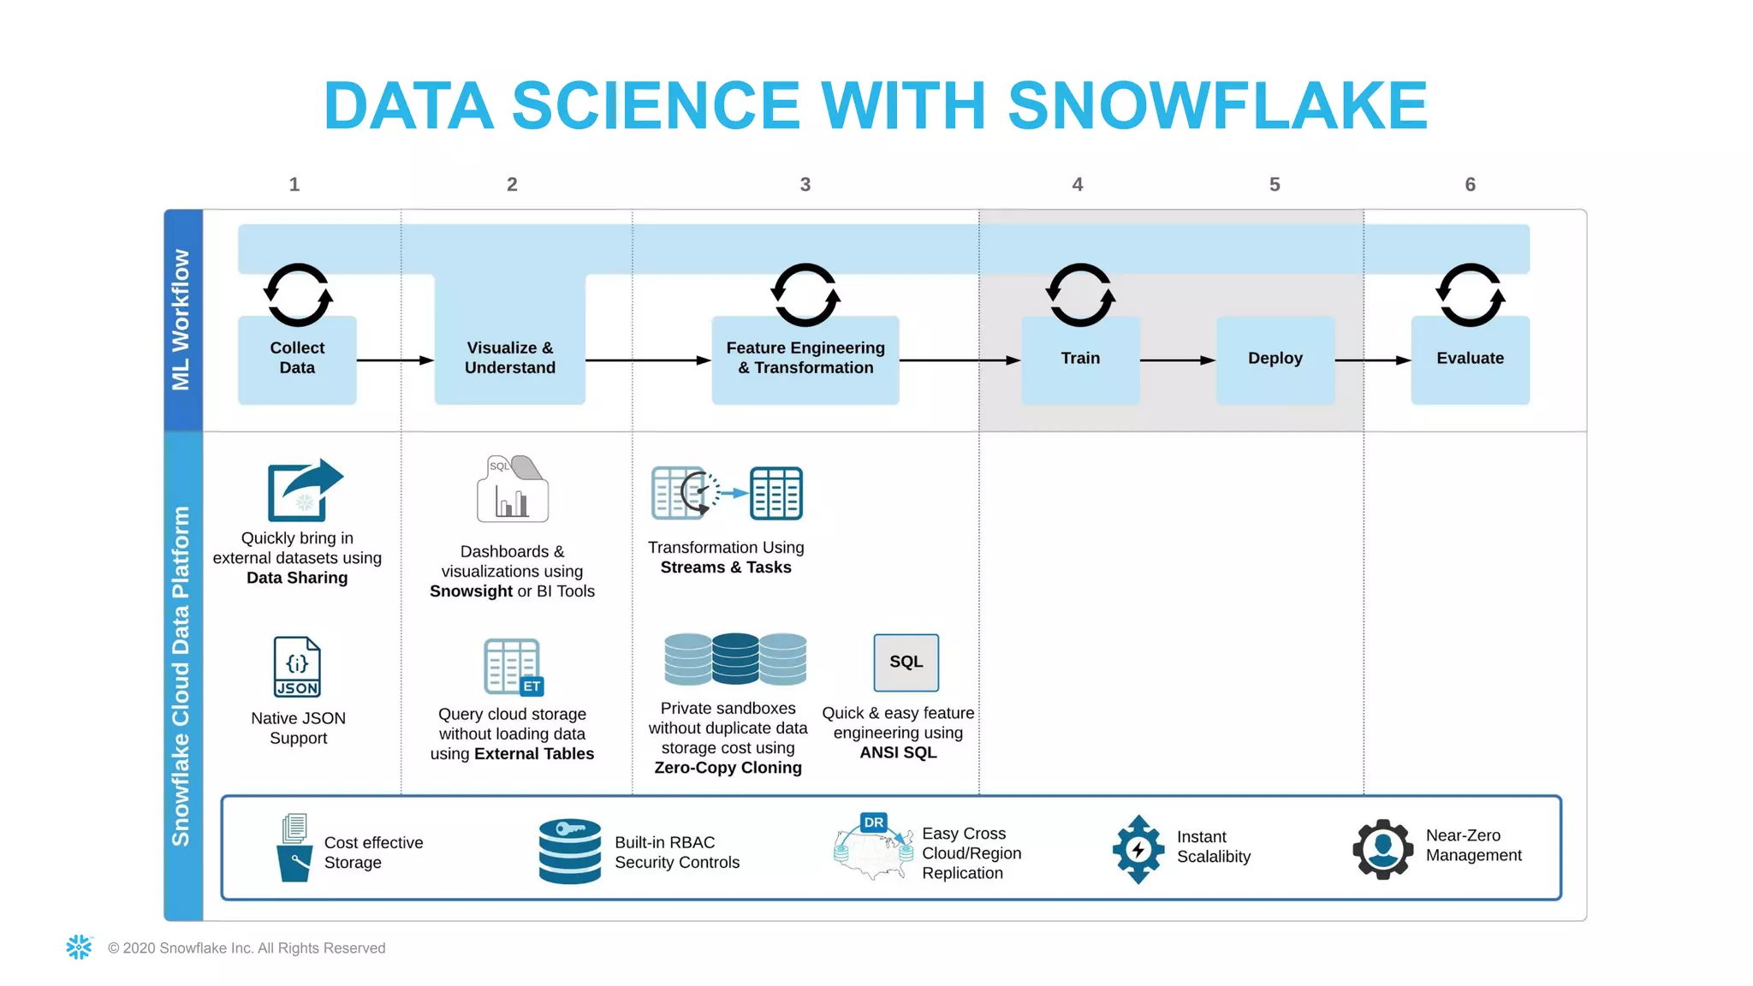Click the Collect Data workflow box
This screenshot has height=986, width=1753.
click(x=297, y=359)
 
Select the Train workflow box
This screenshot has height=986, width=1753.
click(x=1080, y=359)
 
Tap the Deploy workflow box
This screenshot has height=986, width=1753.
click(x=1275, y=359)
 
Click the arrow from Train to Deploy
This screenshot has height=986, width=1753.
click(x=1178, y=360)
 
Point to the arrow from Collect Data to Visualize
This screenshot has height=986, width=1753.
click(x=395, y=360)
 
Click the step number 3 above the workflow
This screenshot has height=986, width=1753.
click(x=805, y=184)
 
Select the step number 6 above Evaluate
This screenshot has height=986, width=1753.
click(x=1470, y=184)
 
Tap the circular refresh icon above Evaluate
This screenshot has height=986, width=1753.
click(x=1470, y=294)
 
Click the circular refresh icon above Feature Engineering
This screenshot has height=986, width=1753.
click(x=805, y=294)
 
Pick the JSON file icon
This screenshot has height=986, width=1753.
click(x=297, y=666)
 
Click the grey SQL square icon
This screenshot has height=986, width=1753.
click(x=906, y=662)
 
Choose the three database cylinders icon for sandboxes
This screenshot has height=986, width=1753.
click(x=735, y=658)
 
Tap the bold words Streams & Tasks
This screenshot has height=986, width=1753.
click(x=726, y=567)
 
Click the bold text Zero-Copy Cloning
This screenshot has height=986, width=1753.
click(x=728, y=768)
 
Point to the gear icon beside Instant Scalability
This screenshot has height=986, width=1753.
click(x=1138, y=849)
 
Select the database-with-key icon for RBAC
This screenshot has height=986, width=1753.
click(x=570, y=850)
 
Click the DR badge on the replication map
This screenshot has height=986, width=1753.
click(x=873, y=823)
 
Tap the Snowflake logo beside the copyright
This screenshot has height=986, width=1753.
click(x=79, y=947)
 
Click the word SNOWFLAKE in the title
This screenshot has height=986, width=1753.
click(x=1217, y=106)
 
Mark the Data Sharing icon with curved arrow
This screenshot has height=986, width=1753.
click(x=305, y=490)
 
